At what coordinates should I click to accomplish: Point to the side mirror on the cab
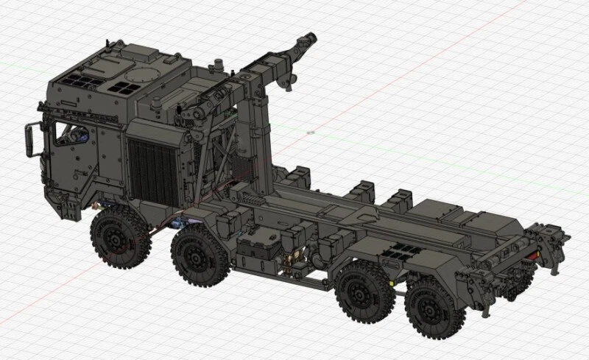coord(29,139)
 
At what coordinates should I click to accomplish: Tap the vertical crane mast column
coord(259,125)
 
